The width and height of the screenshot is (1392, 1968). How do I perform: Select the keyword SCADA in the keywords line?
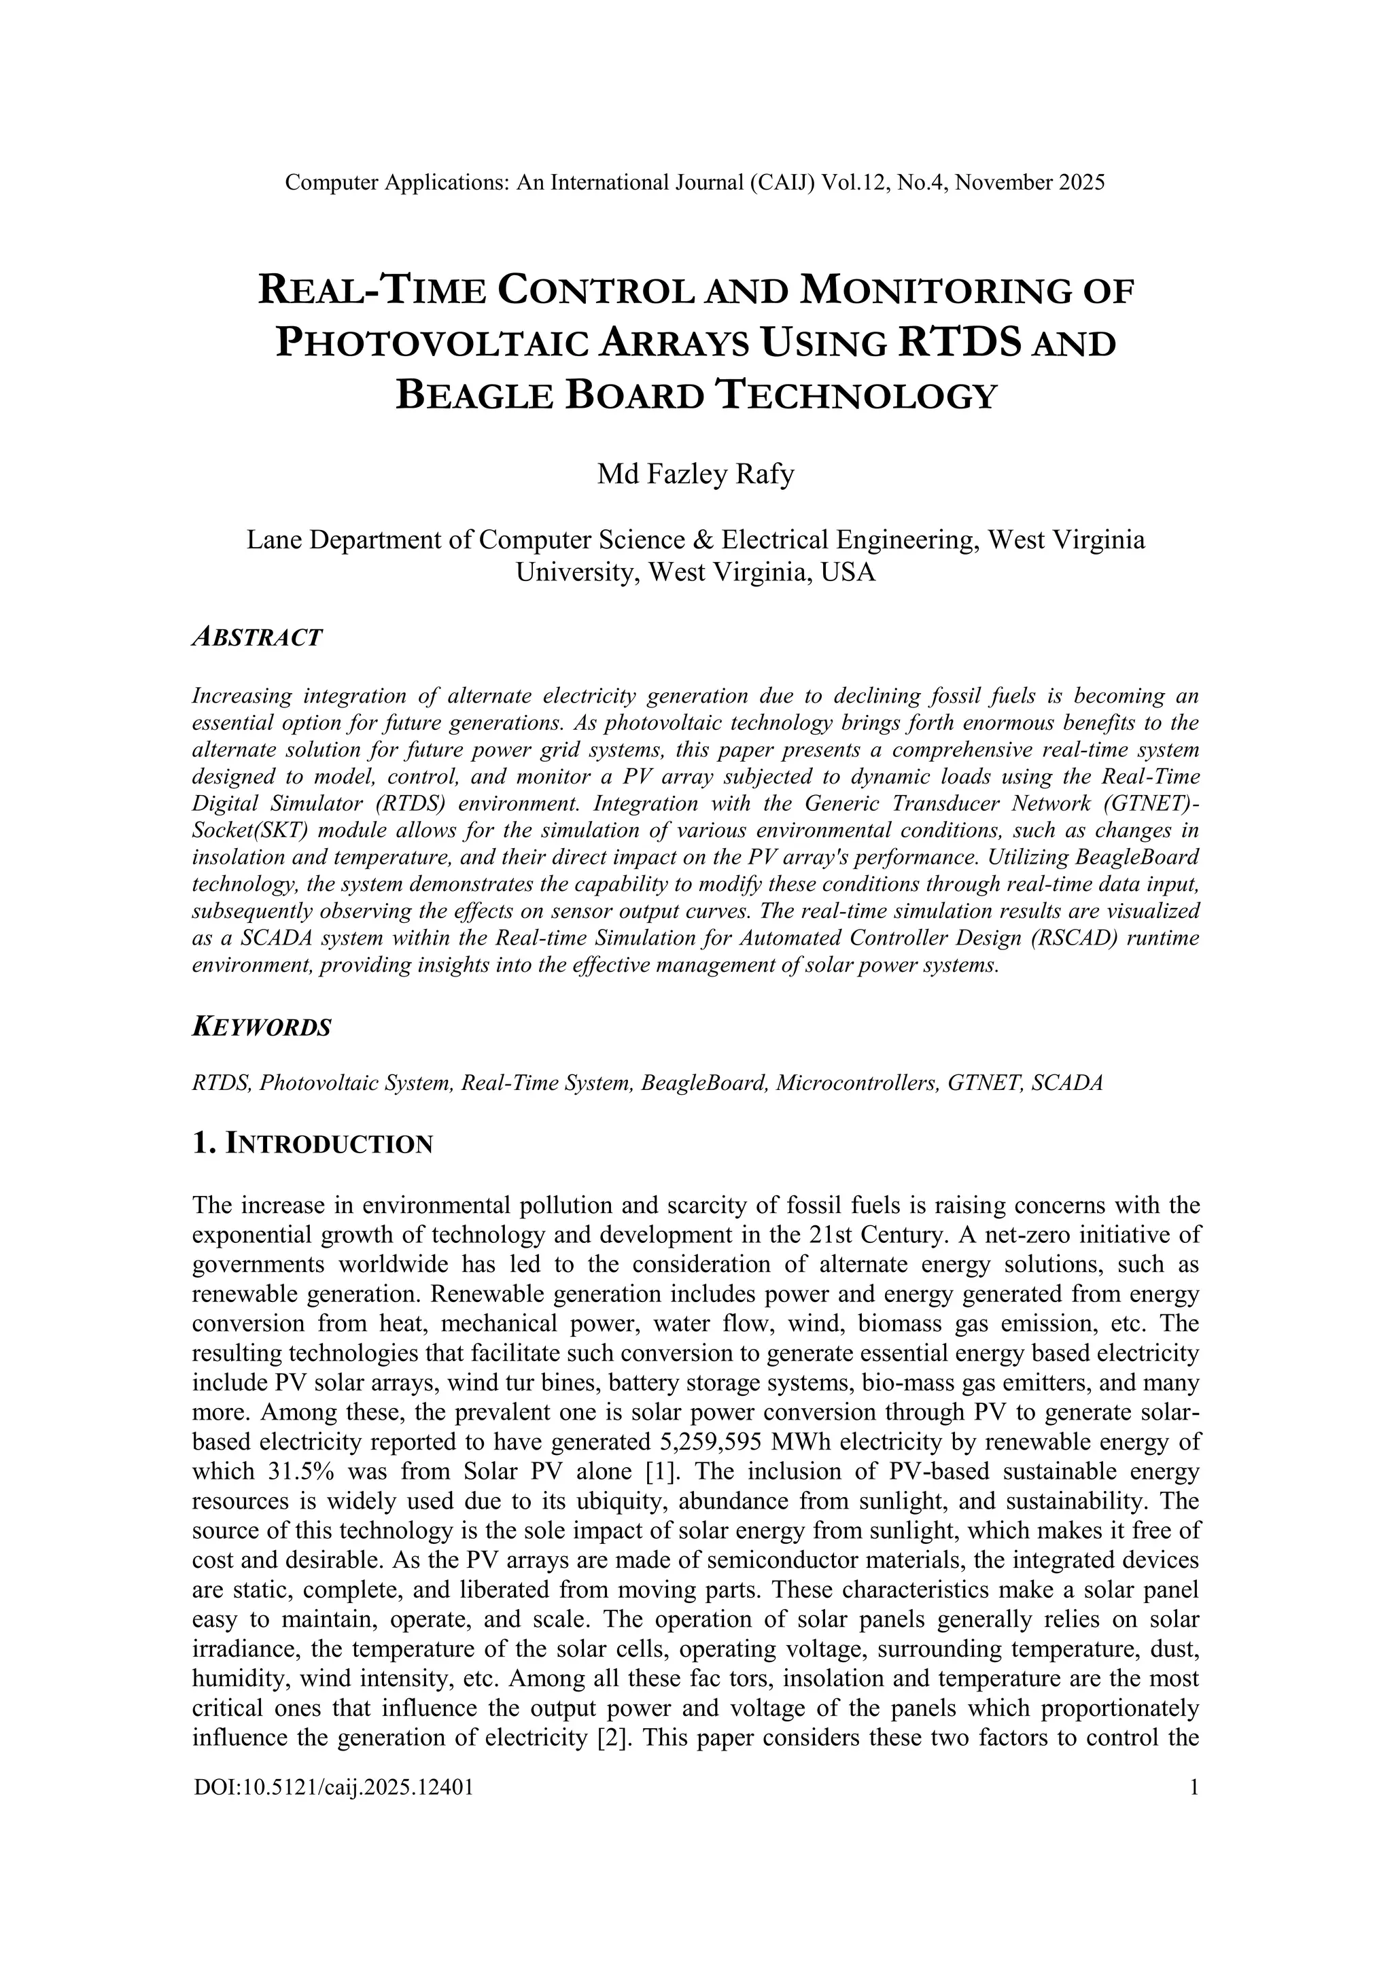[1067, 1083]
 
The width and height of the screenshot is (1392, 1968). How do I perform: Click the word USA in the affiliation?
[848, 572]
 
